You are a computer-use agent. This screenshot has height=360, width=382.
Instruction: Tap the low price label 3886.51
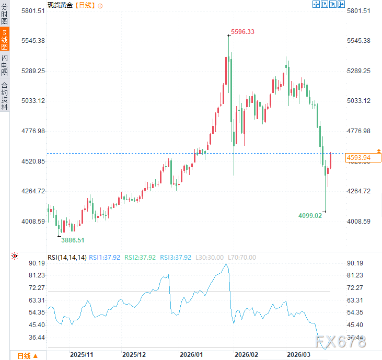(x=73, y=240)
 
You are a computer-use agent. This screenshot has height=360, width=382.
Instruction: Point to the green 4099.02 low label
(x=310, y=215)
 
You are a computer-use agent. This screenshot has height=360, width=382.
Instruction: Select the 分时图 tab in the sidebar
(x=5, y=15)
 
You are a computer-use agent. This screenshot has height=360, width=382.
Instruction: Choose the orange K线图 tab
(x=5, y=39)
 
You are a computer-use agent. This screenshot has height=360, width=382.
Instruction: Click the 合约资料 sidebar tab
(x=5, y=96)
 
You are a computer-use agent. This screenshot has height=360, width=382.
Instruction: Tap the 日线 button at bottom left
(x=27, y=356)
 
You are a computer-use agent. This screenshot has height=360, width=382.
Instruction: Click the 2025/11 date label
(x=82, y=354)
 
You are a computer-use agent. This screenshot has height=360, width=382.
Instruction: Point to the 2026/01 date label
(x=191, y=354)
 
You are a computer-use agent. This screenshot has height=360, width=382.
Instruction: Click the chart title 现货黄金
(x=60, y=5)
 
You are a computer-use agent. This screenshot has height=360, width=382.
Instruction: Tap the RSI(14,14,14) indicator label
(x=67, y=257)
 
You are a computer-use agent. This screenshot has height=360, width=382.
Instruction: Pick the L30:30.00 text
(x=209, y=257)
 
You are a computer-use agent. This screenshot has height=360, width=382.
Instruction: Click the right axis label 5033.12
(x=358, y=100)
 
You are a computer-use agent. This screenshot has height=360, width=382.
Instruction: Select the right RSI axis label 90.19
(x=355, y=263)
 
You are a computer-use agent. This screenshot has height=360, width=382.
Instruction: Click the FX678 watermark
(x=340, y=342)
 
